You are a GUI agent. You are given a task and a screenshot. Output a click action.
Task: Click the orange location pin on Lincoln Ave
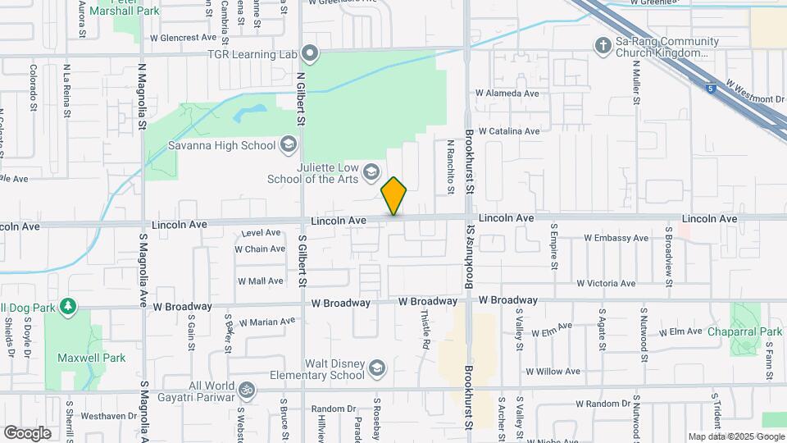tap(394, 195)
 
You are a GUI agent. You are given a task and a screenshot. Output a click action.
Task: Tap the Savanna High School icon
tap(288, 145)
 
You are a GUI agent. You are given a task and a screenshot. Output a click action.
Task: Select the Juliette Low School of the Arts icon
tap(371, 171)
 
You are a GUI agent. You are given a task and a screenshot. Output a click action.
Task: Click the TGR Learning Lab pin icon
tap(310, 55)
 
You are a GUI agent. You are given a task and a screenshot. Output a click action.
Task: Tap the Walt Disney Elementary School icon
tap(377, 367)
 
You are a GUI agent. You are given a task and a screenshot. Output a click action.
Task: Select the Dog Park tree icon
tap(69, 308)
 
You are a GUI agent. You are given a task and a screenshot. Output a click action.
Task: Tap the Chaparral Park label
tap(748, 331)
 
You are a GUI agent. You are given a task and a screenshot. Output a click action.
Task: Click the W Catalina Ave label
tap(509, 131)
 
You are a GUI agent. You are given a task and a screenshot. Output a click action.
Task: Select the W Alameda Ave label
tap(507, 94)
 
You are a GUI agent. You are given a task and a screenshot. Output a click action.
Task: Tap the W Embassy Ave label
tap(616, 239)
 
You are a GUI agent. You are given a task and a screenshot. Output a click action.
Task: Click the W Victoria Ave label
tap(606, 283)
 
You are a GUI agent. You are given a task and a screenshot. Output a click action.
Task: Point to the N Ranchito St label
tap(450, 167)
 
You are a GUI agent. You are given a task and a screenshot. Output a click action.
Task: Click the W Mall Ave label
tap(261, 281)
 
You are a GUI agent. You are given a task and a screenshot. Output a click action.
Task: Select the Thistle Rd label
tap(425, 329)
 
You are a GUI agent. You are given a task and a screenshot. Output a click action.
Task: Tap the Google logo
tap(27, 432)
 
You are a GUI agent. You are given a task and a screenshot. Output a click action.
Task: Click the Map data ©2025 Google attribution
tap(735, 437)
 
